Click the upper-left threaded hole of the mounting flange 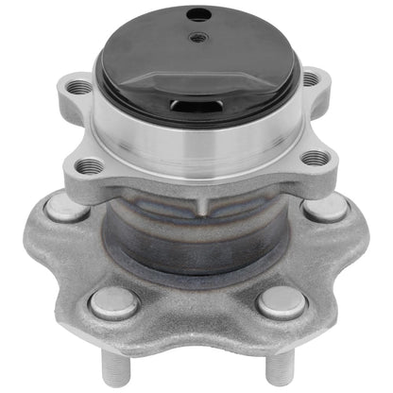pos(81,87)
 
